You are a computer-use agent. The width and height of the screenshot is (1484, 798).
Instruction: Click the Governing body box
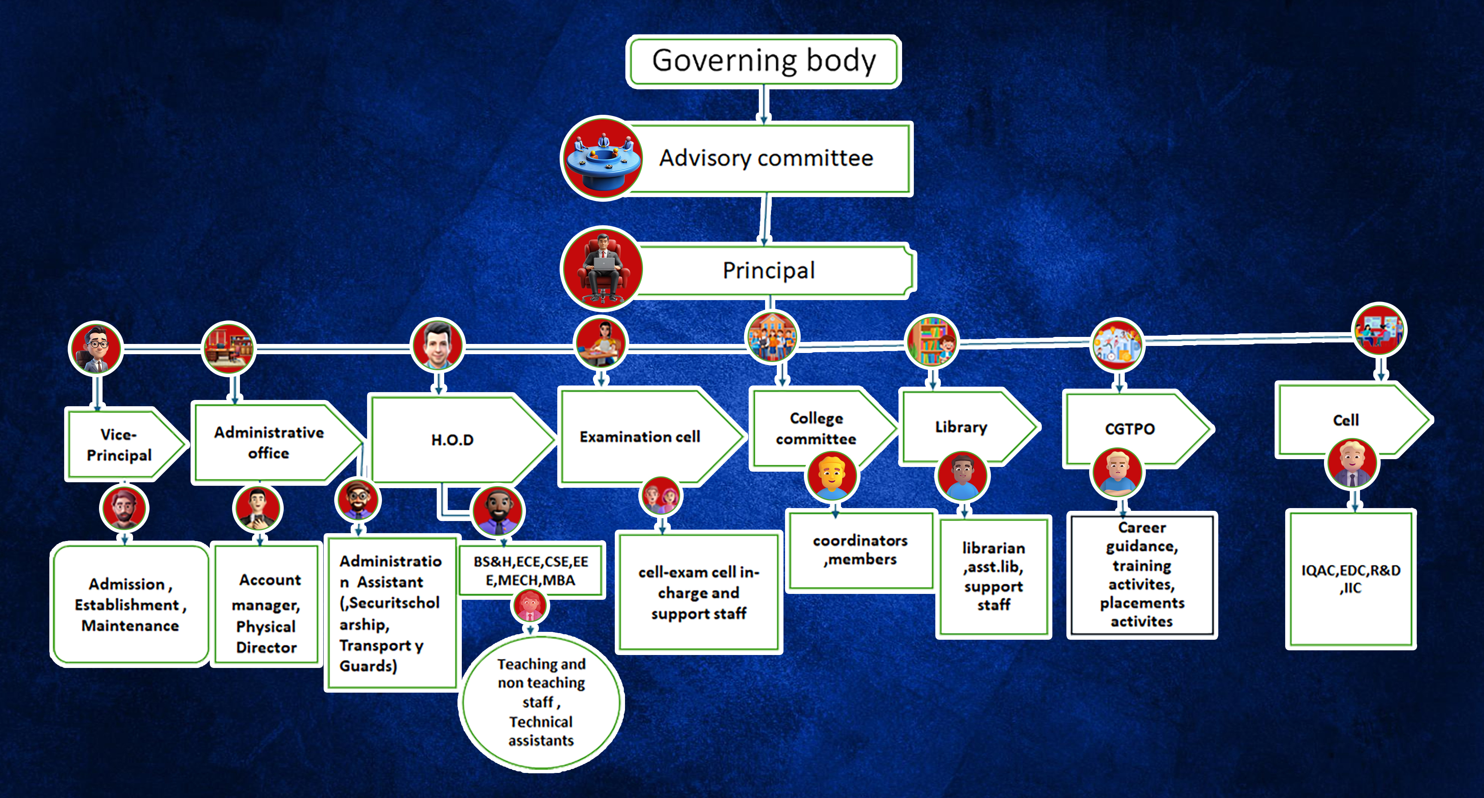coord(763,61)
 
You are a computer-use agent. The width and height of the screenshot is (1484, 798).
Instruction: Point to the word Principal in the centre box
coord(769,270)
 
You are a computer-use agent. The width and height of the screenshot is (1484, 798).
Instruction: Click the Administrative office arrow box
coord(269,442)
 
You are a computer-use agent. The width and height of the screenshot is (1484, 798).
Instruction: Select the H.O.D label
coord(452,440)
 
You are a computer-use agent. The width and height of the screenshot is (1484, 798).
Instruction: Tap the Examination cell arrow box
coord(639,437)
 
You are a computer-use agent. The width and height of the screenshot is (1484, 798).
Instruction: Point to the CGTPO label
coord(1130,429)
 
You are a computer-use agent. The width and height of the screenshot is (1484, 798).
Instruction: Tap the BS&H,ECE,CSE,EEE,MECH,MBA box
coord(531,570)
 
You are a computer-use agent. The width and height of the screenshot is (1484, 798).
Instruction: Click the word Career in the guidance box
coord(1142,527)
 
